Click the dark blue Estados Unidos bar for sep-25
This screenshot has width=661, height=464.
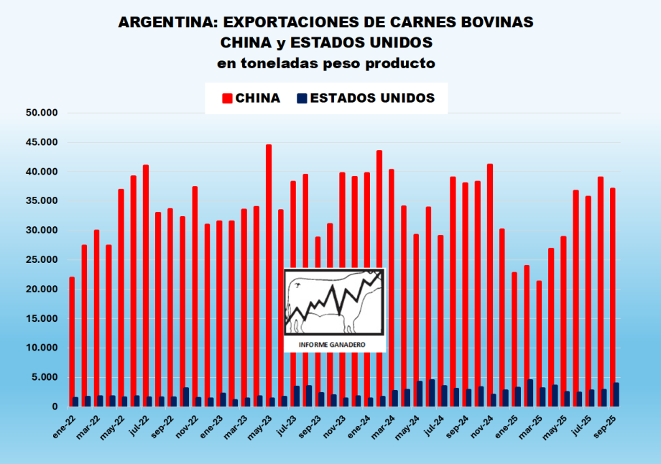[x=616, y=395]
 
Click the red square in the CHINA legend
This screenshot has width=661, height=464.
[x=228, y=98]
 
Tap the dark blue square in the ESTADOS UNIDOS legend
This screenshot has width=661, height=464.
[x=302, y=98]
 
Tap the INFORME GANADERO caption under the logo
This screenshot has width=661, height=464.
[x=334, y=345]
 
